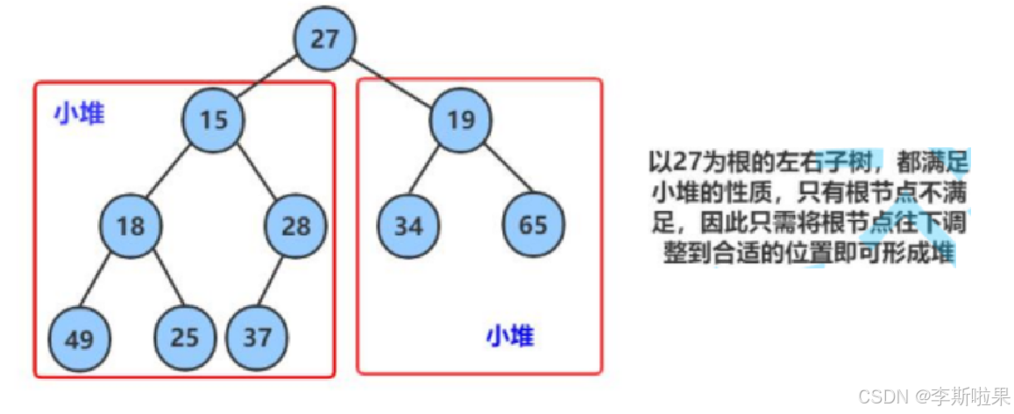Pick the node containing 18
130,226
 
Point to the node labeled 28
295,226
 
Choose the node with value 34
408,226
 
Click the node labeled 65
532,226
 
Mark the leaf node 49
78,338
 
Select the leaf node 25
185,338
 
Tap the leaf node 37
257,338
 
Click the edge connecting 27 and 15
267,80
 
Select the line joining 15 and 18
172,173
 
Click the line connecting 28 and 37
276,282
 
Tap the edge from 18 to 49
104,282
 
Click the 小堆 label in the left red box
79,113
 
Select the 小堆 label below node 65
510,336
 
